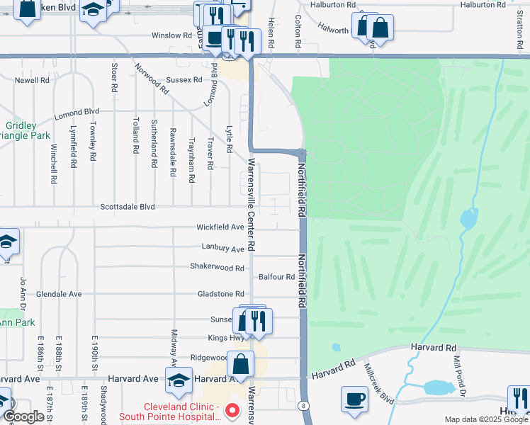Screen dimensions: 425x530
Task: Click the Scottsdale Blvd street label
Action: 127,207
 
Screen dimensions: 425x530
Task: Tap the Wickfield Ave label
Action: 220,227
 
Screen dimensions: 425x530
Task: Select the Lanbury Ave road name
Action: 222,249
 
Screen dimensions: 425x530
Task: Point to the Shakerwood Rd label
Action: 217,267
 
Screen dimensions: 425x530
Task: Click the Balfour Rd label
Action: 276,277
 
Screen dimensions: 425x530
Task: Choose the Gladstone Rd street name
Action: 221,293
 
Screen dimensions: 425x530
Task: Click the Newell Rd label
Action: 32,80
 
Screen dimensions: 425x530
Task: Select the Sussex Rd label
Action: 184,80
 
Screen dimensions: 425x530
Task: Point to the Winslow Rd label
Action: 171,35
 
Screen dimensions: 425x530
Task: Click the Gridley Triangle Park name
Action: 21,130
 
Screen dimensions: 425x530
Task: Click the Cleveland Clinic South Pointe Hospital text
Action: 182,412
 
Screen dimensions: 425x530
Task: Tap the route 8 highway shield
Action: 304,405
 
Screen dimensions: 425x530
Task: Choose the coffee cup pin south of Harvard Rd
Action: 354,398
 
